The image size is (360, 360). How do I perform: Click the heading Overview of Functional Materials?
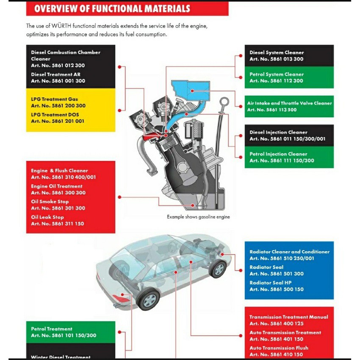pos(112,9)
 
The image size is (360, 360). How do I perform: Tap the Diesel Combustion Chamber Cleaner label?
pos(66,55)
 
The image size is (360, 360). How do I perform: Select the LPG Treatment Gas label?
pos(55,99)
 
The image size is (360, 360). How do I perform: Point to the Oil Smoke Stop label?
pos(50,202)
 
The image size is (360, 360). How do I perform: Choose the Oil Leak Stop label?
pos(47,217)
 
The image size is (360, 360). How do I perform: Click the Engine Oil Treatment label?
pos(57,186)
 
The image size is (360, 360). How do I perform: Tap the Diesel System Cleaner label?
pos(277,53)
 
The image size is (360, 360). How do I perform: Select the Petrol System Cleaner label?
pos(277,75)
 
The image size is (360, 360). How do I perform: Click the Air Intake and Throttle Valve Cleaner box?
pos(289,106)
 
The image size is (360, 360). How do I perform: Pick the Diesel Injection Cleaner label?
pos(278,132)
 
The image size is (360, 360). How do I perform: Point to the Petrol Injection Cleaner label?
pos(278,154)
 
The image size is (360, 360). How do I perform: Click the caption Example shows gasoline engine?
pos(198,217)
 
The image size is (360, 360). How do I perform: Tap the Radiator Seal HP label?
pos(271,282)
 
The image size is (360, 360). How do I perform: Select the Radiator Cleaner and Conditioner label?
pos(289,252)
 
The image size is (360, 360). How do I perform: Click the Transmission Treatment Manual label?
pos(288,317)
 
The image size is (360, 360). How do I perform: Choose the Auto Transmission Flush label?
pos(279,348)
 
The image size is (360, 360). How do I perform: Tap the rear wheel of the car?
pos(149,299)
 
